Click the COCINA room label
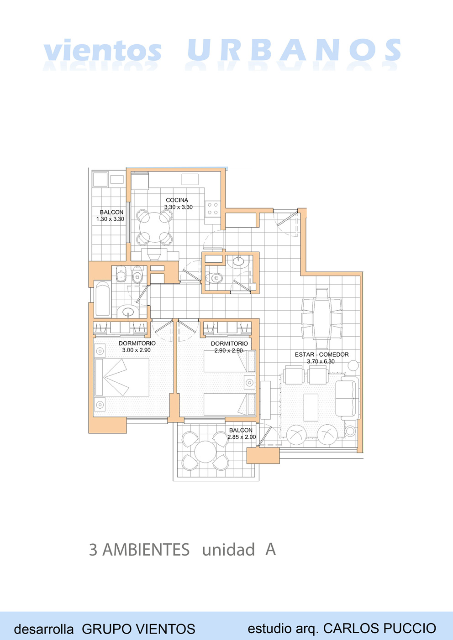177,200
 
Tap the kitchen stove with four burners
213,208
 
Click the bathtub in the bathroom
103,299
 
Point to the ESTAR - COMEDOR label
322,354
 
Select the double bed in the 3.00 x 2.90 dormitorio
122,377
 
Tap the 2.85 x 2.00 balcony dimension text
242,437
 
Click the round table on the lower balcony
205,452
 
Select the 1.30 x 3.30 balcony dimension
110,219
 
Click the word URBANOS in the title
294,50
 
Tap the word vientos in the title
102,50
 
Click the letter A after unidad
270,549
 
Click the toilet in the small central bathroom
214,277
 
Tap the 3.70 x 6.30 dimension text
321,361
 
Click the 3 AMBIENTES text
139,549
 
